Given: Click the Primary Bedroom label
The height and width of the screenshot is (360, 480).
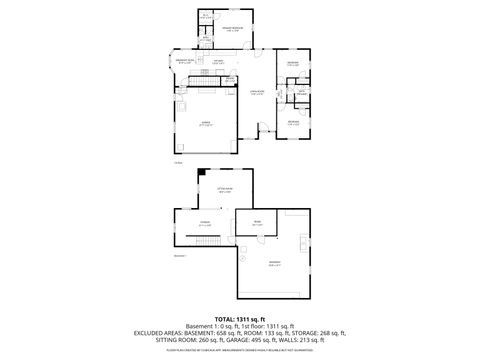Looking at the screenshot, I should (x=231, y=30).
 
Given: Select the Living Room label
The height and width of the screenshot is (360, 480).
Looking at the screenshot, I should (x=257, y=94).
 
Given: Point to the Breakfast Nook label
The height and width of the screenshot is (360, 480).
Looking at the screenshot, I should (x=184, y=62).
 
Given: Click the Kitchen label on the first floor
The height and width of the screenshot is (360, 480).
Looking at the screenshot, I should (x=217, y=62).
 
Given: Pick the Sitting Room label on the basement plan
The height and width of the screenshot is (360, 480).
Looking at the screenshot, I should (x=225, y=189).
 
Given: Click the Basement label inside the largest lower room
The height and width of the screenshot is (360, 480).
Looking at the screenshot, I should (x=274, y=264).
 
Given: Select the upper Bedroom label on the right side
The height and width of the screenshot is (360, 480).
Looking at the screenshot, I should (x=293, y=64).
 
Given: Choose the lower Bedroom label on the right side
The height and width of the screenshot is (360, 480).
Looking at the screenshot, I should (x=293, y=121).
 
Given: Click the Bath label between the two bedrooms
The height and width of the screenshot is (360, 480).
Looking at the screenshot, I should (x=301, y=94).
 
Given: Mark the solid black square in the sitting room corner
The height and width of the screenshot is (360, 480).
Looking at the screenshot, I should (x=203, y=173).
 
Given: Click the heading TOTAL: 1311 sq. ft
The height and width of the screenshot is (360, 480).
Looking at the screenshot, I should (x=240, y=318).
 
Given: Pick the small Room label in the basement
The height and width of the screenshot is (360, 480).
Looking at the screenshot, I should (x=257, y=224).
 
